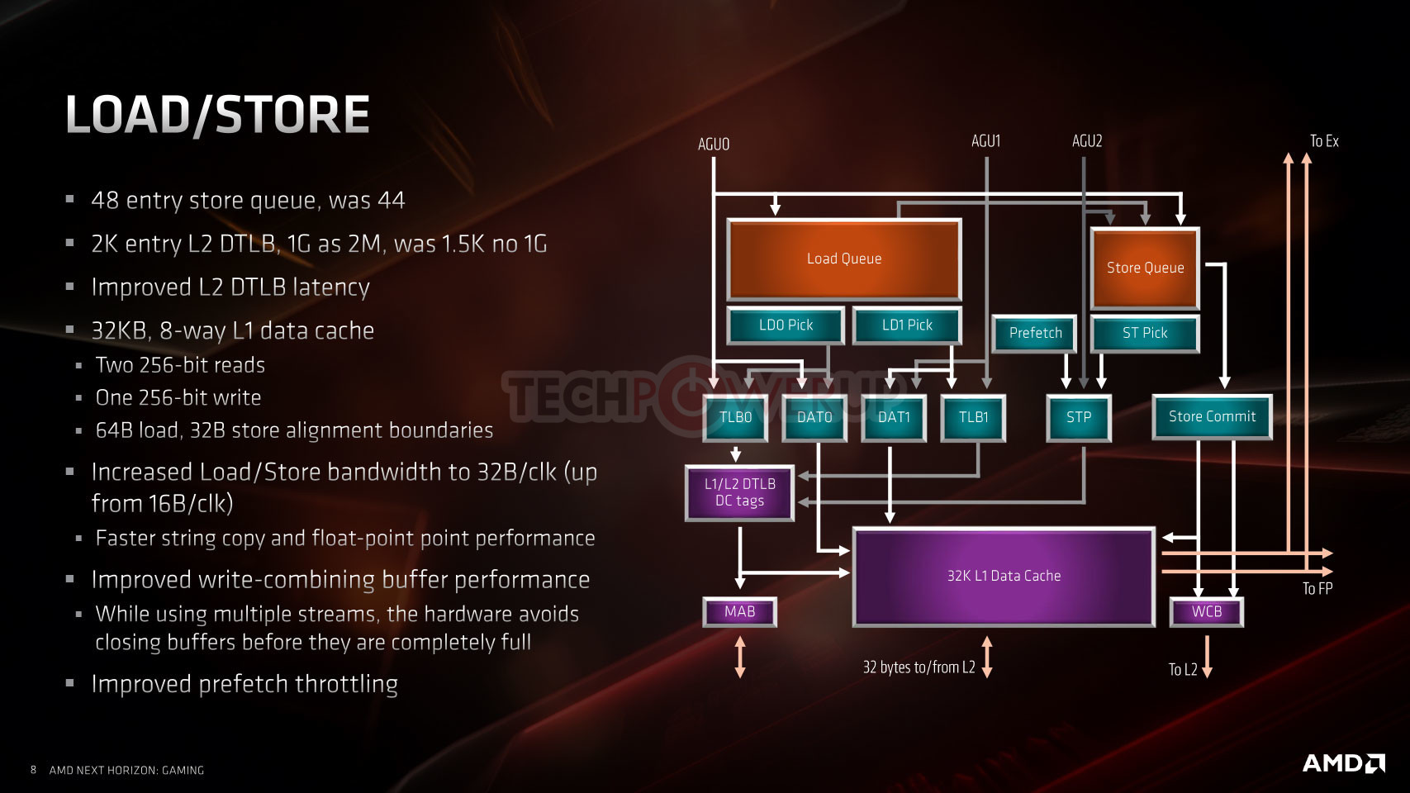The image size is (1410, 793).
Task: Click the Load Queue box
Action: point(844,259)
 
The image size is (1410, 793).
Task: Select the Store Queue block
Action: point(1145,268)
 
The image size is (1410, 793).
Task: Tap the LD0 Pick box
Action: point(786,325)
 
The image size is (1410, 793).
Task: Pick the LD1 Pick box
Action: point(907,325)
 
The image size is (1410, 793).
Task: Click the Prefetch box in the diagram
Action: point(1035,333)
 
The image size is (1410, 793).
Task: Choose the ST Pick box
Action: point(1145,333)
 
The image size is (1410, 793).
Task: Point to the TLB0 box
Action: point(735,417)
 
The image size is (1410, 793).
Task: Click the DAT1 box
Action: point(894,417)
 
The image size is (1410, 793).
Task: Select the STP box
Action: point(1079,417)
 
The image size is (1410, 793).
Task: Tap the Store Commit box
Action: point(1213,416)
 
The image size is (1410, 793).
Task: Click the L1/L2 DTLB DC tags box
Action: point(739,493)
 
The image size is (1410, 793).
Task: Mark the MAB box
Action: point(739,612)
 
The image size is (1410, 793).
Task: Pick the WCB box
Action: point(1207,612)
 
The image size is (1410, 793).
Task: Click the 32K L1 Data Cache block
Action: point(1004,577)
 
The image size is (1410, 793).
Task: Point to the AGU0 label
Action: point(714,145)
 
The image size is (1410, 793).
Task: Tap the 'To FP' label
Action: point(1317,588)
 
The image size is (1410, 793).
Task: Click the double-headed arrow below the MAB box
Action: point(740,657)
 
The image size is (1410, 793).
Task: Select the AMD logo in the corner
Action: point(1344,763)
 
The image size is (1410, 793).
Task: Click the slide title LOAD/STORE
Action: point(218,115)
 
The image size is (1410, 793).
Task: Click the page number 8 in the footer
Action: point(33,770)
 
